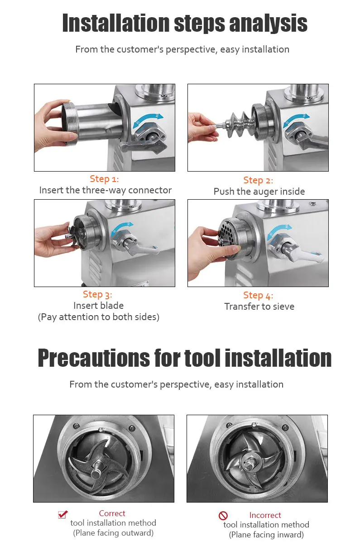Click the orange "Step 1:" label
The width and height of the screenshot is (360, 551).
point(104,179)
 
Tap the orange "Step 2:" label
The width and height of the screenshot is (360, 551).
point(258,181)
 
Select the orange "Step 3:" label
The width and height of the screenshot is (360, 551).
point(97,295)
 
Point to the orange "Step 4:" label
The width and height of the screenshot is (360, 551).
point(258,296)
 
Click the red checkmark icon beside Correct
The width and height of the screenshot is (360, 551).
point(63,514)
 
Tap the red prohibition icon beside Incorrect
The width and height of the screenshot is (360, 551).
point(223,516)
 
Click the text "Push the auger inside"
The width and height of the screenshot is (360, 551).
point(259,192)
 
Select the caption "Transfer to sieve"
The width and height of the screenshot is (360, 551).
point(259,307)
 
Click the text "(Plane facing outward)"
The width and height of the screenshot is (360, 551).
point(113,533)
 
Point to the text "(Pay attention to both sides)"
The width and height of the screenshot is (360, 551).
point(98,317)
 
